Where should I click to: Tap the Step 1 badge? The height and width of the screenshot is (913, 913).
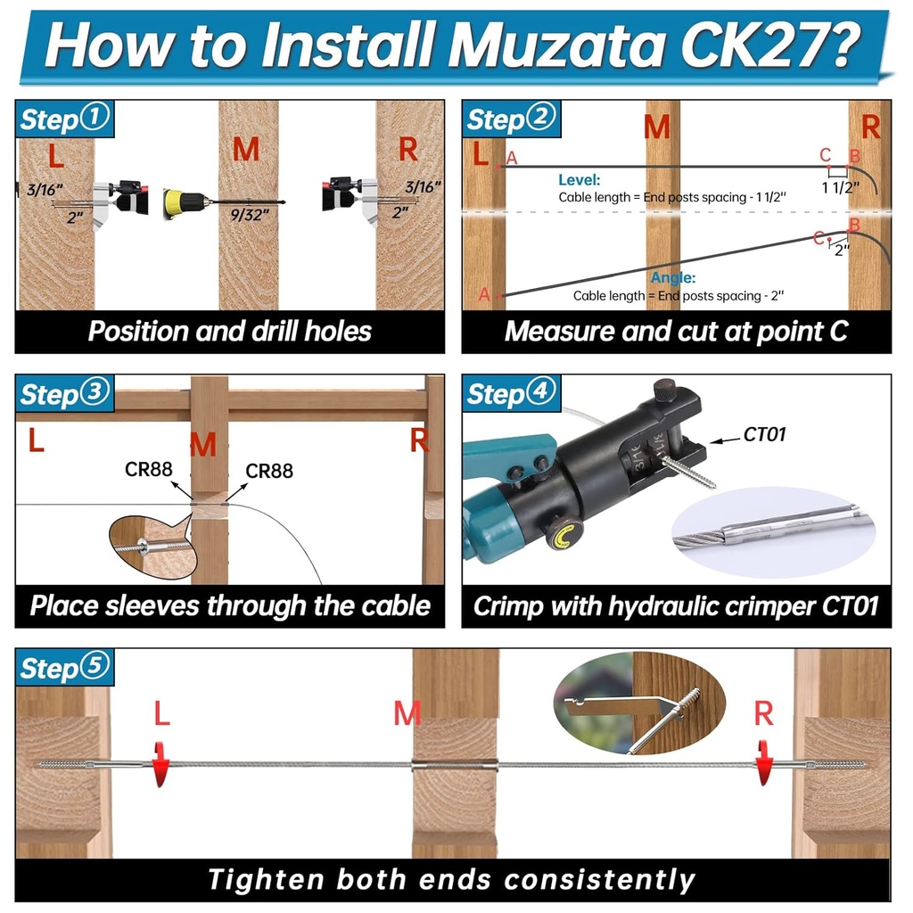point(65,119)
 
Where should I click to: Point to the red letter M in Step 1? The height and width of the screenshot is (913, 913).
point(246,150)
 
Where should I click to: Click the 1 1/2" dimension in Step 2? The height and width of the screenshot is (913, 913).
point(840,186)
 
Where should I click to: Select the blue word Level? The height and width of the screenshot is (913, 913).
point(580,179)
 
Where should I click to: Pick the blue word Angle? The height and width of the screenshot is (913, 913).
point(673,278)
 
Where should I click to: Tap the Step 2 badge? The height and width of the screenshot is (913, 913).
point(511,119)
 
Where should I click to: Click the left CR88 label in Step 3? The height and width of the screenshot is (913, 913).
point(148,469)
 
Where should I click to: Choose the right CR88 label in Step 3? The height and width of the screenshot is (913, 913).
point(269,470)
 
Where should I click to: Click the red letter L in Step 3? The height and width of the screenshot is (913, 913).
point(36,440)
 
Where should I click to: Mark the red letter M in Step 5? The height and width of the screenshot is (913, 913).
point(407,712)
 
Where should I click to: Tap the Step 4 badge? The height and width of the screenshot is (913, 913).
point(511,393)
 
